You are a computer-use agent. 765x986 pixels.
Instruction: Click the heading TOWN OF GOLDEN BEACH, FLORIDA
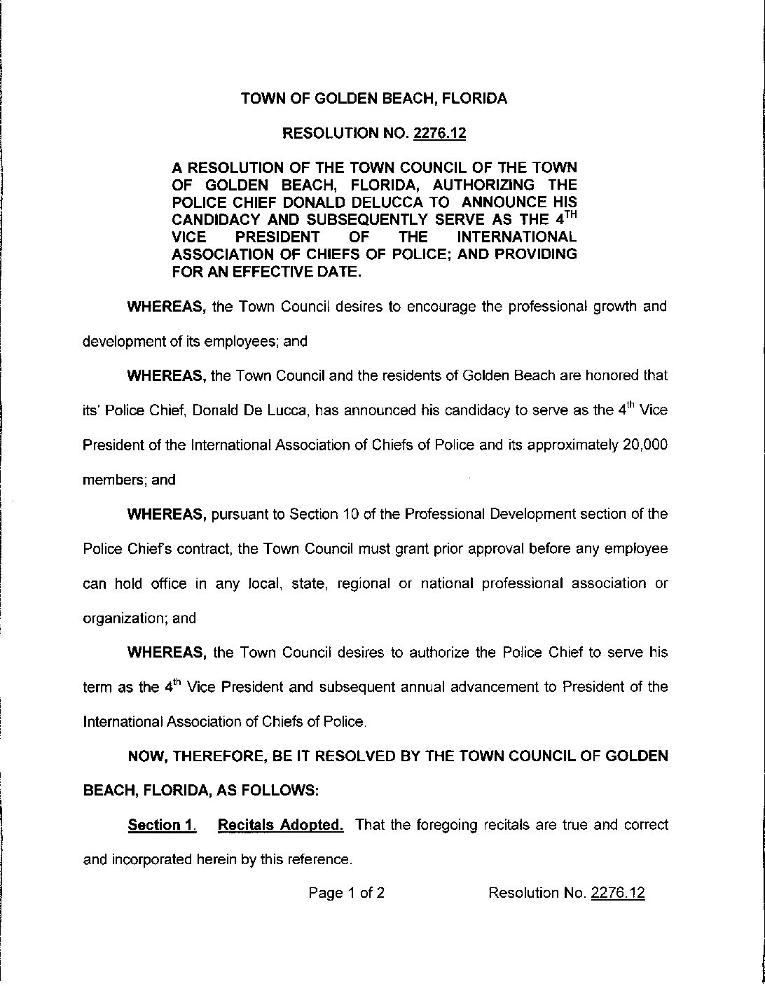point(374,99)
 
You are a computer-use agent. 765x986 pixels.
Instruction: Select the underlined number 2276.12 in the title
point(439,133)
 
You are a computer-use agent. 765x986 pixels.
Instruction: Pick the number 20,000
point(645,445)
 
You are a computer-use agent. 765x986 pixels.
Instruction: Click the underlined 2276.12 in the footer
point(618,893)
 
